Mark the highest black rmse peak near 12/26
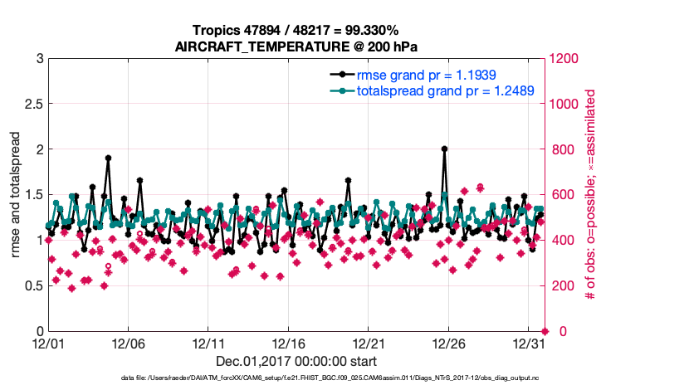[445, 149]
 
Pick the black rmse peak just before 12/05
[109, 158]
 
